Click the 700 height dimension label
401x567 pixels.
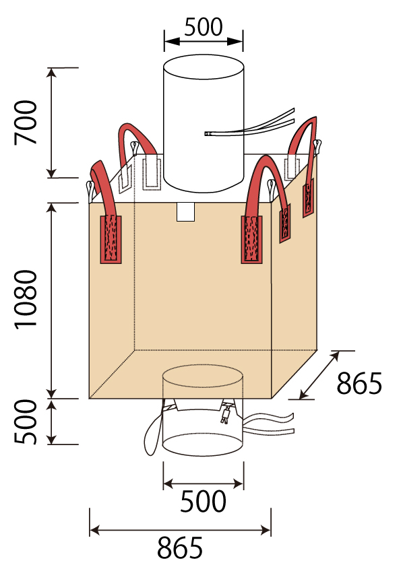pos(26,123)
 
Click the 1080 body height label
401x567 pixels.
pos(26,299)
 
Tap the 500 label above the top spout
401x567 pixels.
pos(204,27)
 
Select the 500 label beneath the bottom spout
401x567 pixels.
pos(204,501)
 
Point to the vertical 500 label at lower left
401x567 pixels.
pos(26,422)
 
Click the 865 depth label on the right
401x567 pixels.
pos(359,383)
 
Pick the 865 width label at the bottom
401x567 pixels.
pos(180,548)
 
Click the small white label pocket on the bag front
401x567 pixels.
pos(185,212)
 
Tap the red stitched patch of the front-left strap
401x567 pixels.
pos(111,239)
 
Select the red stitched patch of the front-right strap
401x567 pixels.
pos(252,240)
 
